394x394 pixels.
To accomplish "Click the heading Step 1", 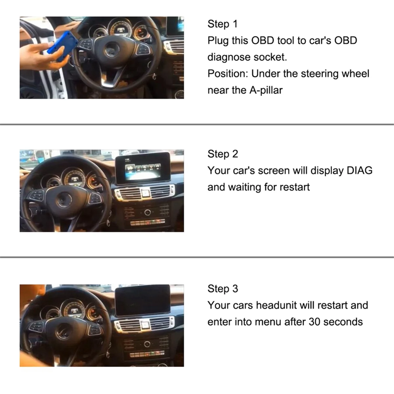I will [222, 24].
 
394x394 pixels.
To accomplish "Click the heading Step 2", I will [223, 154].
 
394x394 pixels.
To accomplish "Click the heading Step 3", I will [223, 289].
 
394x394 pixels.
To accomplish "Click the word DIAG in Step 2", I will [359, 171].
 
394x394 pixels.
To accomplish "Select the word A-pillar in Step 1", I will [266, 90].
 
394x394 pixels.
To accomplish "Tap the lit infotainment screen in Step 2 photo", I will [143, 168].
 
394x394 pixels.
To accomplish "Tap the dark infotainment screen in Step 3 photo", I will [143, 300].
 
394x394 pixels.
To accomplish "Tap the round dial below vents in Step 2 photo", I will [147, 212].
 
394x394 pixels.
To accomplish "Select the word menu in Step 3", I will [267, 322].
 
